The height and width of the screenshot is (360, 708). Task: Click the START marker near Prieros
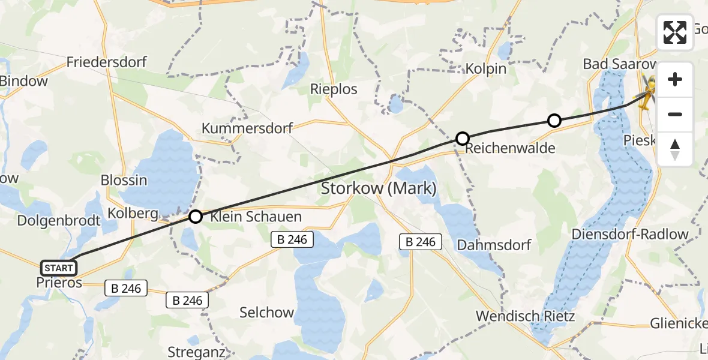click(x=59, y=268)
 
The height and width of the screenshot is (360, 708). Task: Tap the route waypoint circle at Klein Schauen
click(x=196, y=217)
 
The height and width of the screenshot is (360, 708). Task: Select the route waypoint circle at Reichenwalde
click(x=463, y=139)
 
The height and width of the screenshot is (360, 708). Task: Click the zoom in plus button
click(x=675, y=79)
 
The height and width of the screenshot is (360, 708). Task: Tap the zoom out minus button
click(x=675, y=114)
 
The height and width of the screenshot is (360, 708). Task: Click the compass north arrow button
click(x=675, y=149)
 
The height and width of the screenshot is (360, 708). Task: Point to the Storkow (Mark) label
click(x=379, y=188)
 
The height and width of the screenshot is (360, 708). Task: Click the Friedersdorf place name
click(x=107, y=62)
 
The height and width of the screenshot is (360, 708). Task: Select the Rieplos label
click(x=334, y=89)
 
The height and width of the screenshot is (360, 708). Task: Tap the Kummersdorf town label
click(x=247, y=128)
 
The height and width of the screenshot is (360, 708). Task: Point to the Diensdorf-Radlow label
click(x=638, y=234)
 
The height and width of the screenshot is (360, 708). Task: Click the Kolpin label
click(x=486, y=69)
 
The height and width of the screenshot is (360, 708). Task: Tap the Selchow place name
click(x=266, y=313)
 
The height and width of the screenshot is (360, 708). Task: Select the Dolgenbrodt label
click(x=59, y=220)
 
